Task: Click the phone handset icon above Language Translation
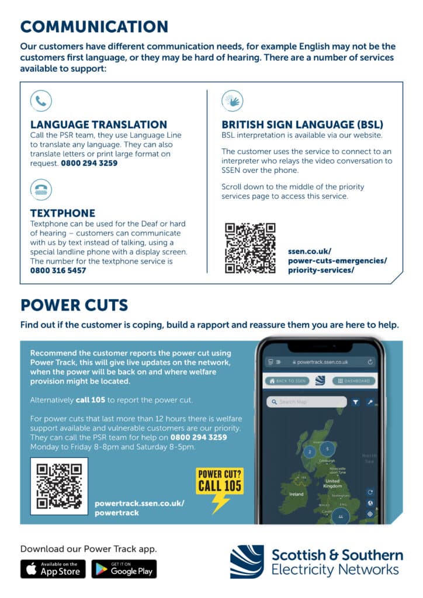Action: click(41, 100)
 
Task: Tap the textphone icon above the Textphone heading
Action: click(41, 189)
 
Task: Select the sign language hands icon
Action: click(232, 100)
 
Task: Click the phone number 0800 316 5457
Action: click(58, 270)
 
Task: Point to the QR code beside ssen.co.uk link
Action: click(250, 248)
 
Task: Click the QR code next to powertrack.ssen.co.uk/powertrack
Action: click(59, 486)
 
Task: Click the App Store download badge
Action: click(53, 569)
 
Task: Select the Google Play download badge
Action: click(124, 569)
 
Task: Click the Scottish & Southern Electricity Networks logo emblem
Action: click(247, 561)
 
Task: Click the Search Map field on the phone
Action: click(306, 402)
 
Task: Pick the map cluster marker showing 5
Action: click(328, 448)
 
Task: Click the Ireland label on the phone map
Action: click(296, 494)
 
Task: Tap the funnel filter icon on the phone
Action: click(355, 402)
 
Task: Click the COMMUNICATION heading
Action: click(94, 26)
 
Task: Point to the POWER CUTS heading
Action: click(74, 305)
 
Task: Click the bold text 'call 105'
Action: click(91, 400)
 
